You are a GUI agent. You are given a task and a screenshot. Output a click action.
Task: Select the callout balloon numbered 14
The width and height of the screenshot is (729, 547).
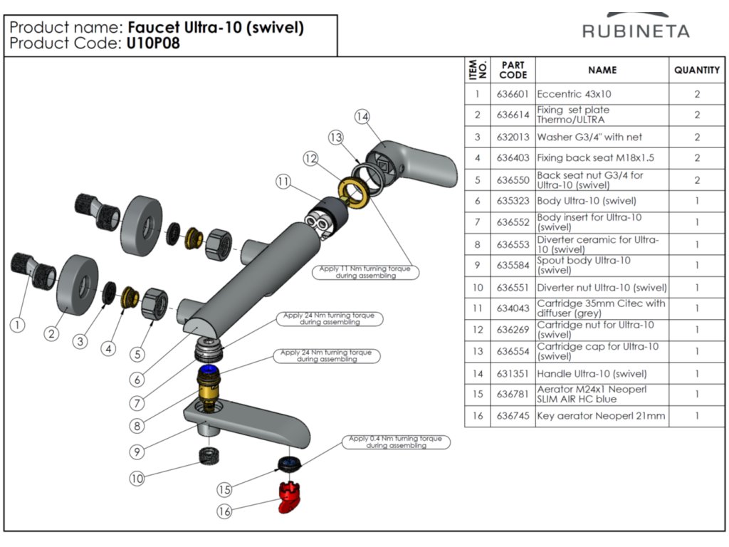click(x=362, y=116)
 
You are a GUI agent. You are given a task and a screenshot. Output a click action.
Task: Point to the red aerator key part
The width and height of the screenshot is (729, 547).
click(x=287, y=496)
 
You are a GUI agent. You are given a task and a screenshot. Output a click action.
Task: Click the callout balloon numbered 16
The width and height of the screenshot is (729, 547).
click(x=225, y=511)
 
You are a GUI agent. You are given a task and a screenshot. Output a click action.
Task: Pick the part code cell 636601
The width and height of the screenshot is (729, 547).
click(x=513, y=94)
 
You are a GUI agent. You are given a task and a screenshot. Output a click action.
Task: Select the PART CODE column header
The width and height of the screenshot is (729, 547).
click(x=513, y=70)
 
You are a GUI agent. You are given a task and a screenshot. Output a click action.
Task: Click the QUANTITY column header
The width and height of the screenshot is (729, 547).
click(x=697, y=70)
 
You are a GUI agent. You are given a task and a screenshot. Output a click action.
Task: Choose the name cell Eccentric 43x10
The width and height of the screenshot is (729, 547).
click(x=574, y=94)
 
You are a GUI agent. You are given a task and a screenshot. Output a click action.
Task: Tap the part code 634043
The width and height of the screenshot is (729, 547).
click(x=513, y=308)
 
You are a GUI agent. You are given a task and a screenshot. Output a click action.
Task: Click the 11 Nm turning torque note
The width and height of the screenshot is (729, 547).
click(x=365, y=272)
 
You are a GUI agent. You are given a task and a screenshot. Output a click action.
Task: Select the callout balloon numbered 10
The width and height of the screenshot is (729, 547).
click(x=136, y=479)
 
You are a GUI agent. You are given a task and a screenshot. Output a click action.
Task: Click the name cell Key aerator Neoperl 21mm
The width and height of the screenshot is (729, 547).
click(x=601, y=416)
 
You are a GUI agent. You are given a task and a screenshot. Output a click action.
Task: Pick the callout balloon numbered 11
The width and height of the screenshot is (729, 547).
click(x=284, y=182)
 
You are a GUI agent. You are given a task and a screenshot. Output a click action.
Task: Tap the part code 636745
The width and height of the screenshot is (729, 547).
click(x=513, y=416)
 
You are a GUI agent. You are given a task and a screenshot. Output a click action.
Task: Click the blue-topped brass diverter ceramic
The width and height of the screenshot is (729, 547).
click(x=211, y=385)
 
